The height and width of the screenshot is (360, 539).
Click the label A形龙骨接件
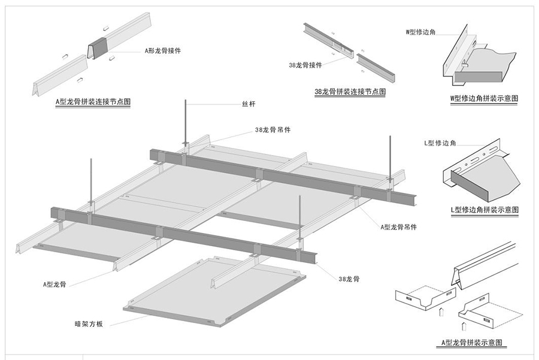tap(163, 51)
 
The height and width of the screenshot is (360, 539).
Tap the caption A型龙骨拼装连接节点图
tap(92, 102)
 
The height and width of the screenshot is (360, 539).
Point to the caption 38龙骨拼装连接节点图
tap(350, 92)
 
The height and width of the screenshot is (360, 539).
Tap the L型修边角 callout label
tap(440, 143)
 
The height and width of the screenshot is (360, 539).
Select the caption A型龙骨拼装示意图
tap(471, 343)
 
